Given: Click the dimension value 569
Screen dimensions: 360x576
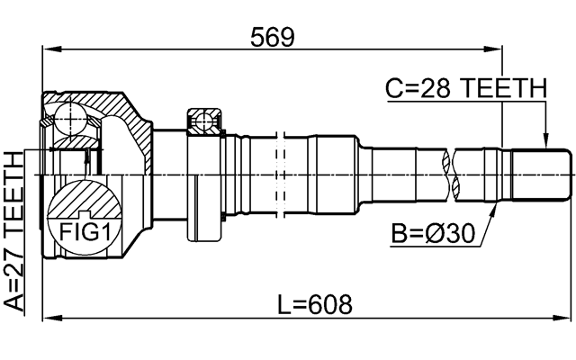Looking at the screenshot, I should [274, 36].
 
